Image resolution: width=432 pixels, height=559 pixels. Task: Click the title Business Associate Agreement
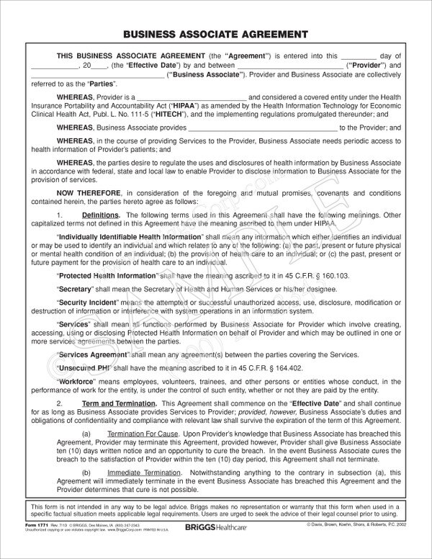coord(216,34)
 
